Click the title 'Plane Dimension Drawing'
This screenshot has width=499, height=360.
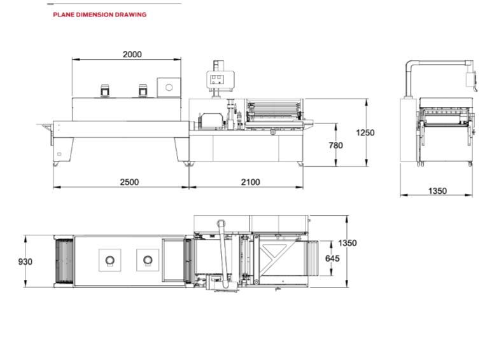click(99, 14)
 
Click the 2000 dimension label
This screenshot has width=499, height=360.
click(132, 55)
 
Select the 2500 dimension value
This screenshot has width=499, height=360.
click(130, 182)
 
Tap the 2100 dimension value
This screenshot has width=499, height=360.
click(251, 182)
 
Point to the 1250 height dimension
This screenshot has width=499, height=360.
click(365, 132)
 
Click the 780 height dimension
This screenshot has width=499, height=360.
click(336, 145)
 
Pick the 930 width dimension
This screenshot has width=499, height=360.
click(25, 261)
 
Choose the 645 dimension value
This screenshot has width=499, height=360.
click(332, 258)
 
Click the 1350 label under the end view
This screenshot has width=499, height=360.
click(438, 191)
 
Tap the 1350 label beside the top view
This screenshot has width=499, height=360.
click(348, 243)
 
